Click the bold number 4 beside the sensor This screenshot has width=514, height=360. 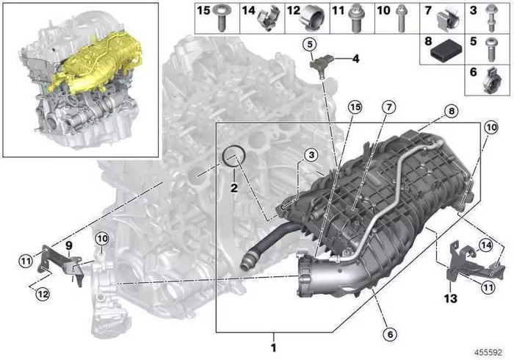(x=355, y=59)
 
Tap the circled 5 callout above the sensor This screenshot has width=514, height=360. (x=309, y=45)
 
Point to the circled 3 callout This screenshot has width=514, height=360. (x=311, y=155)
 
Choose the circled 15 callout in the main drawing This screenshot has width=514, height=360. (x=355, y=107)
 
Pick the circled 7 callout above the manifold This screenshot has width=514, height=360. (x=388, y=107)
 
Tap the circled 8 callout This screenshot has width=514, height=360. (x=452, y=112)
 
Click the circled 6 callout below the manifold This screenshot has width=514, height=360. (x=390, y=334)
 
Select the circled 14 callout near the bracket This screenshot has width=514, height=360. (x=486, y=245)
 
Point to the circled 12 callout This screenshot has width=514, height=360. (x=43, y=294)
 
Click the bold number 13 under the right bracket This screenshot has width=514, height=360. (x=450, y=298)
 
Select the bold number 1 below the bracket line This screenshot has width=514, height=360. (x=273, y=348)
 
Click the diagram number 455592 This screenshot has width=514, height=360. (x=488, y=353)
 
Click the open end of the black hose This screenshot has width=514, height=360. (x=245, y=264)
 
